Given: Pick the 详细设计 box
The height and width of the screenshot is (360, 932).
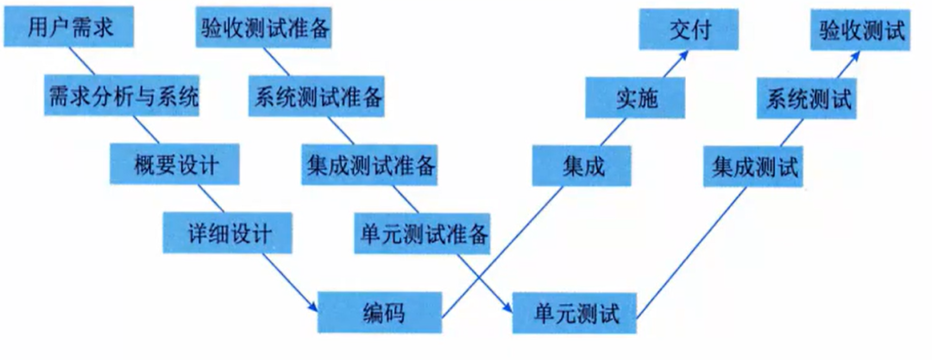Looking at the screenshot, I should click(228, 232).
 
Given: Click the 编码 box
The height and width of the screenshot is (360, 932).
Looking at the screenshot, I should click(381, 313).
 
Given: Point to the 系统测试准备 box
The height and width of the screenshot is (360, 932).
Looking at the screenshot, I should click(317, 97).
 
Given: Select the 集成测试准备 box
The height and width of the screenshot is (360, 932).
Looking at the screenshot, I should click(369, 164).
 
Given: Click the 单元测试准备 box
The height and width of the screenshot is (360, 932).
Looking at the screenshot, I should click(423, 232).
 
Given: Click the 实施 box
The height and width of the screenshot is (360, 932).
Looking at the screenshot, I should click(636, 97).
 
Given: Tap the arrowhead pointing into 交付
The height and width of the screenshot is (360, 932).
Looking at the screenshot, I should click(685, 53).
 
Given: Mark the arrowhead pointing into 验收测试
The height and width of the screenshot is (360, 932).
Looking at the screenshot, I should click(858, 53).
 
